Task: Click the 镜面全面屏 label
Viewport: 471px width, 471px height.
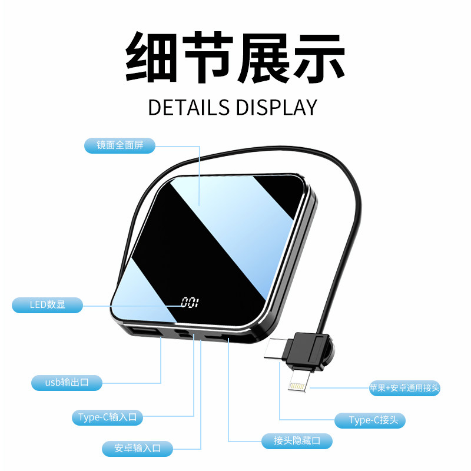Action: tap(120, 144)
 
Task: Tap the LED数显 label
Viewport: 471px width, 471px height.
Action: tap(48, 305)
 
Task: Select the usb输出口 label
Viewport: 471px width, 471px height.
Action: tap(67, 383)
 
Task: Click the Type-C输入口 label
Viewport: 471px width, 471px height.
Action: tap(108, 417)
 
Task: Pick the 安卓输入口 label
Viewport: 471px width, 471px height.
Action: tap(137, 448)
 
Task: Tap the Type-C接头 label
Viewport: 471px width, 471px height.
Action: tap(370, 420)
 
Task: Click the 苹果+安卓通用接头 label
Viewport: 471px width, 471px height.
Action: tap(404, 388)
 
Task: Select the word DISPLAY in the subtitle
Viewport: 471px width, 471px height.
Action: tap(276, 107)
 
